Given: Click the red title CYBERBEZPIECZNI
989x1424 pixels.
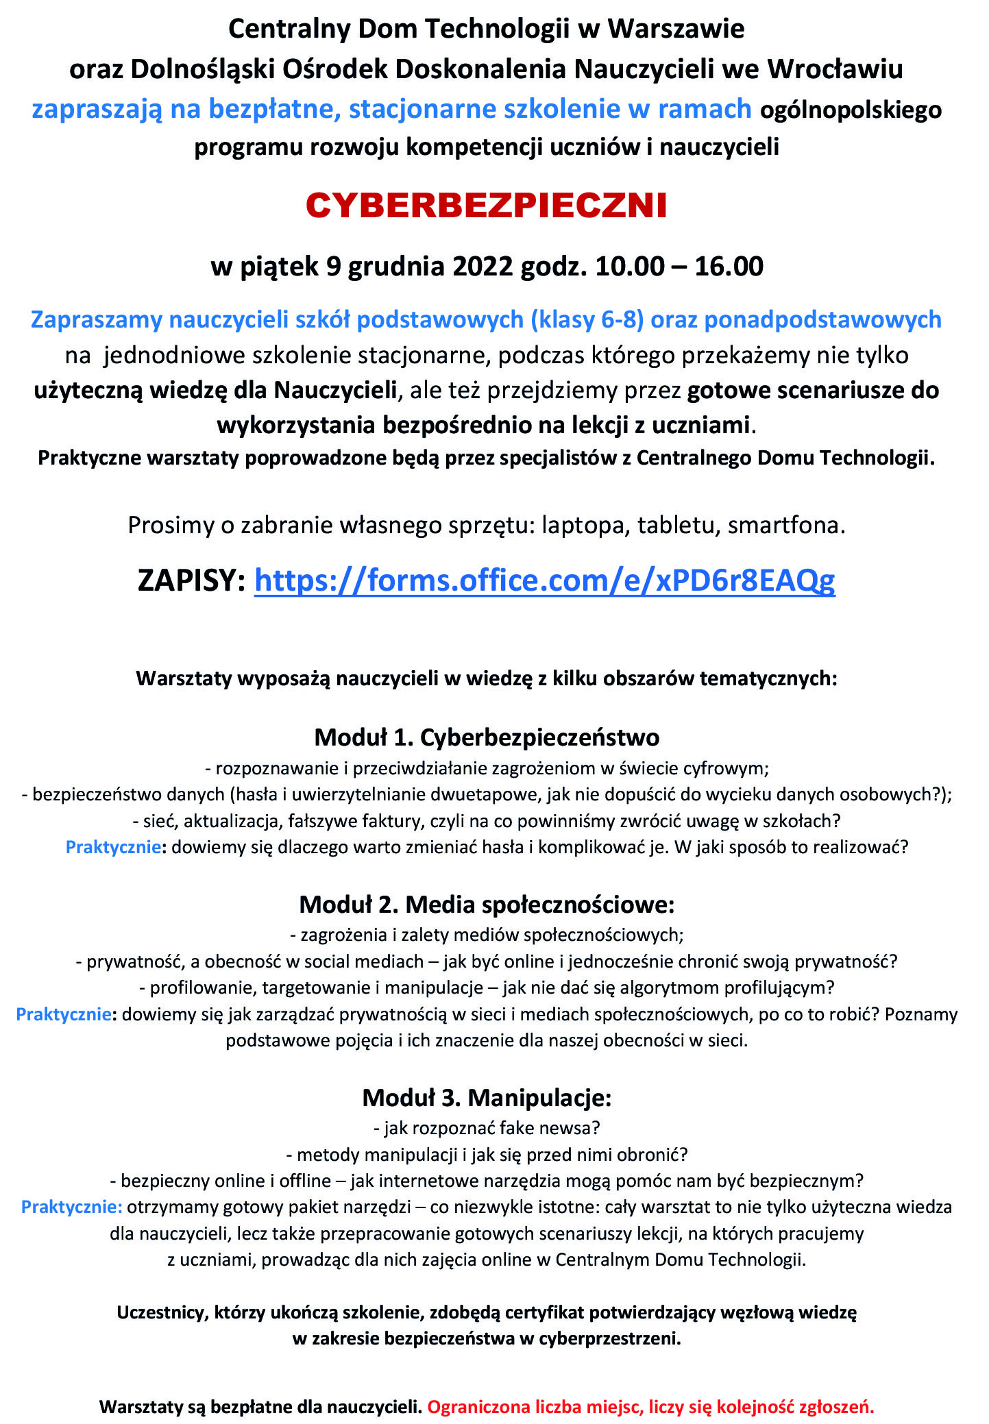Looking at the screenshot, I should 487,206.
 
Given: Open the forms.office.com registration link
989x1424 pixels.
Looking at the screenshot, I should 544,580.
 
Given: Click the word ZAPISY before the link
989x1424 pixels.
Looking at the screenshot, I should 191,580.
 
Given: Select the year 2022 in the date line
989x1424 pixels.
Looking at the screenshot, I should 483,266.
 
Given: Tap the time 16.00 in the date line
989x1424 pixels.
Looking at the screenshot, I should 729,266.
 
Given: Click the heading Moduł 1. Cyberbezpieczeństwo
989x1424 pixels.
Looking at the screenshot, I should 487,737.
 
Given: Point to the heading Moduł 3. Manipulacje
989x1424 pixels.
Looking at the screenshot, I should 487,1097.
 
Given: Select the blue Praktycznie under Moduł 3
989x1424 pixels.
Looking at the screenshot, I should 71,1207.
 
